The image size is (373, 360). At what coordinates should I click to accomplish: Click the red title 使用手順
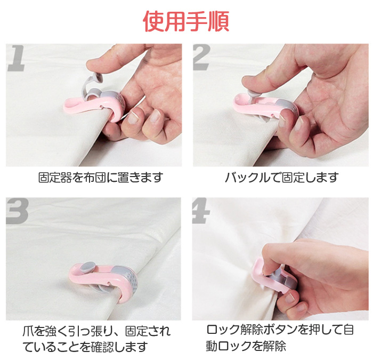(186, 21)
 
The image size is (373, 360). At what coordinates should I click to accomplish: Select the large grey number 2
(201, 58)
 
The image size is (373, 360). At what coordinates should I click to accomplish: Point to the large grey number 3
(18, 211)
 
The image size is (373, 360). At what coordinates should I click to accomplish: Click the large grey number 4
(201, 211)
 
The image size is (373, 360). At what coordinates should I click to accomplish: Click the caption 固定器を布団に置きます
(101, 178)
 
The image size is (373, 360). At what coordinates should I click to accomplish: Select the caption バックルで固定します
(282, 178)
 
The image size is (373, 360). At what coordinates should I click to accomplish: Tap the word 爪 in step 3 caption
(28, 331)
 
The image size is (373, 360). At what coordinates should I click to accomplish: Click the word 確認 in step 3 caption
(102, 347)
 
